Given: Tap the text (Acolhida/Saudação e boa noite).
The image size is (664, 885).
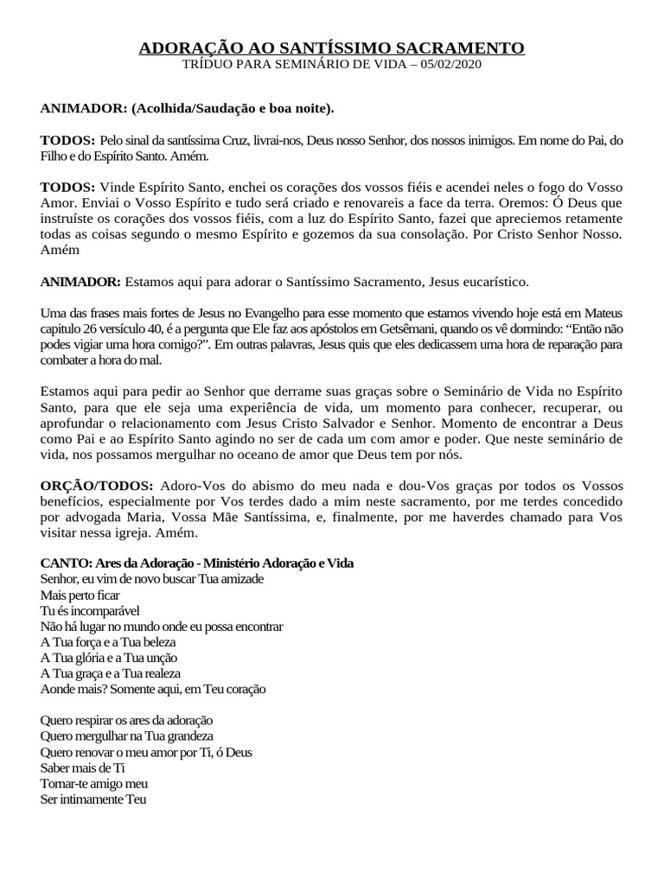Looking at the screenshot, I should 232,109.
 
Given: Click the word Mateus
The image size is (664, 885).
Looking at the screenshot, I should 603,312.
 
